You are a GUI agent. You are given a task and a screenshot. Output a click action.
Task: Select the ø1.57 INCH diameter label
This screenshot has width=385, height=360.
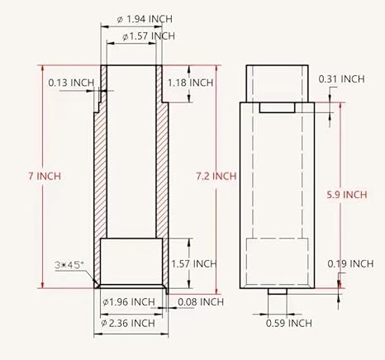pyautogui.click(x=148, y=36)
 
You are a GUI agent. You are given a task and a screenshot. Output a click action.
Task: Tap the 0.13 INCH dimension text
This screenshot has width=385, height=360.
pyautogui.click(x=70, y=83)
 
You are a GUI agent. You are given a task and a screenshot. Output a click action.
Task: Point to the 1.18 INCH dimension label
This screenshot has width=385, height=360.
pyautogui.click(x=191, y=83)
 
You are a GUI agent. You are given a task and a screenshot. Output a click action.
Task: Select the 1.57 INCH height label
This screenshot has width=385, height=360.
pyautogui.click(x=193, y=263)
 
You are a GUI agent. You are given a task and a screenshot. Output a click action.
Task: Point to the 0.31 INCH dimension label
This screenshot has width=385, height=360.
pyautogui.click(x=342, y=78)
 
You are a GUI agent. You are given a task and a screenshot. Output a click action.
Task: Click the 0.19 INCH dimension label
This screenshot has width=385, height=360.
pyautogui.click(x=349, y=263)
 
